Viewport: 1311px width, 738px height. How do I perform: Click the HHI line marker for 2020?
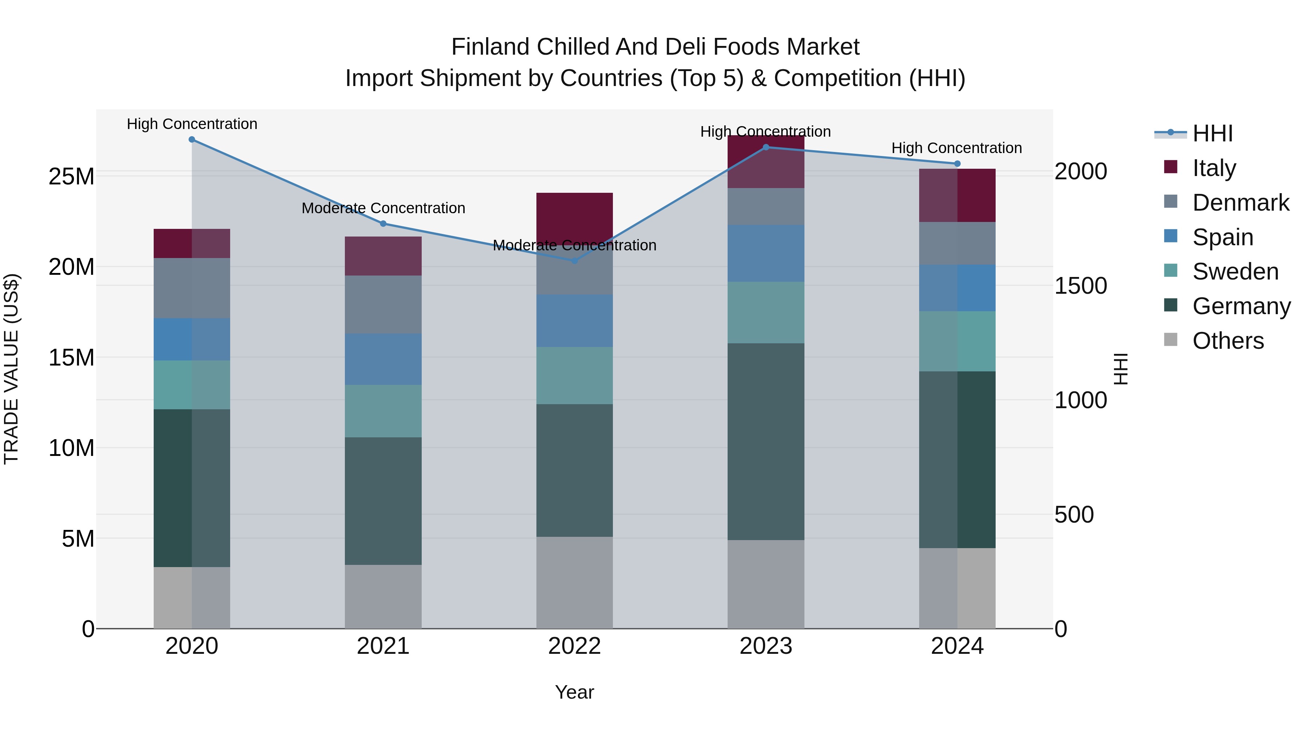tap(192, 140)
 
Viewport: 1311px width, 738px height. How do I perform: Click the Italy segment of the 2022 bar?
tap(575, 214)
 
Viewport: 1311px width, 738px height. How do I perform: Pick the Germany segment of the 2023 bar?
tap(766, 442)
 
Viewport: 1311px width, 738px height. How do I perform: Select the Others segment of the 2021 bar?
tap(383, 596)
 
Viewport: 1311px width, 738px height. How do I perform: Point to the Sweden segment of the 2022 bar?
tap(575, 376)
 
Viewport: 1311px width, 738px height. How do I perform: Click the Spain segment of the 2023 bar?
tap(766, 254)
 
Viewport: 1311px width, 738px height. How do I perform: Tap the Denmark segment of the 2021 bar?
tap(383, 305)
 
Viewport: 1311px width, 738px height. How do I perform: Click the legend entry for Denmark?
tap(1241, 203)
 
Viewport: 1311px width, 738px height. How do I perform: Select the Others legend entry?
tap(1228, 341)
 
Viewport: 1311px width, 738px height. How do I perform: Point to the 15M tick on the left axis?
tap(71, 358)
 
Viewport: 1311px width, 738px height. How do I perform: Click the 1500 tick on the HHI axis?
tap(1080, 286)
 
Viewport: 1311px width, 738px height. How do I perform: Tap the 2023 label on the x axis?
tap(766, 646)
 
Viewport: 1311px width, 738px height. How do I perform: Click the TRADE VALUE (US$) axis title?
tap(11, 369)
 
